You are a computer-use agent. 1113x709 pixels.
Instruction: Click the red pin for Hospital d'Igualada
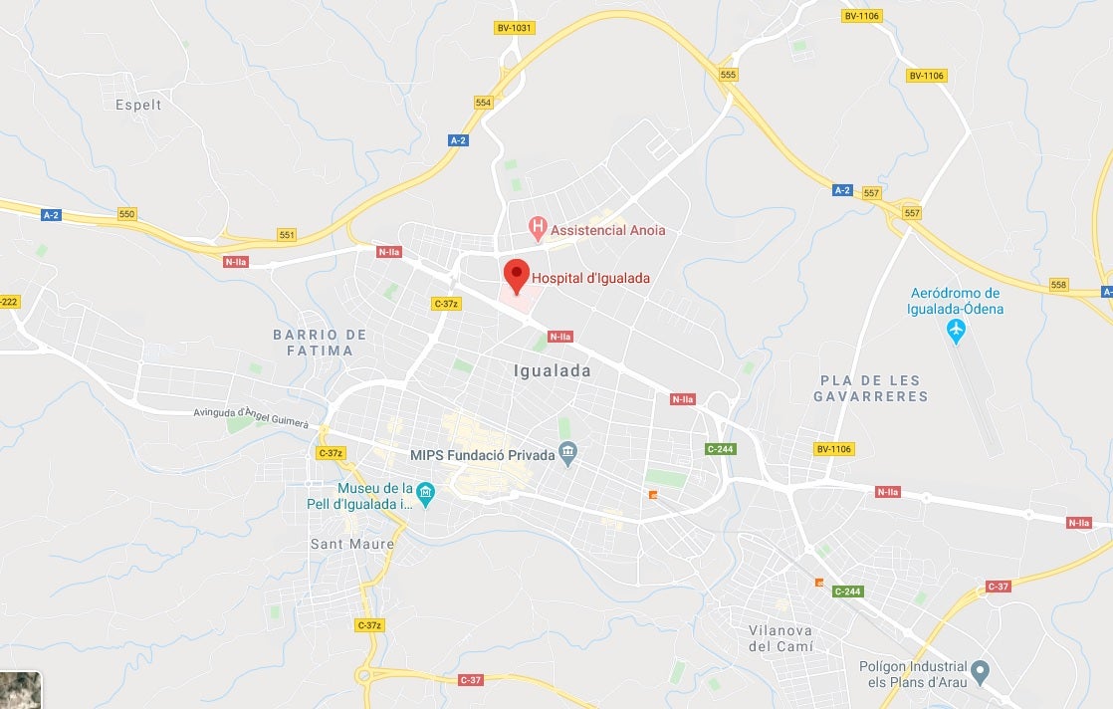[x=516, y=273]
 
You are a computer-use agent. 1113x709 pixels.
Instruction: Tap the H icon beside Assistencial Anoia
[x=539, y=229]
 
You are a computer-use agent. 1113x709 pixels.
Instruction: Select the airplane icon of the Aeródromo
[x=957, y=330]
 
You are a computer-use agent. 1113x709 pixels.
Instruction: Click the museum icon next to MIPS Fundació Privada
[x=568, y=455]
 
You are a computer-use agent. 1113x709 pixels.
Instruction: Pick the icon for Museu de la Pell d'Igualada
[x=426, y=493]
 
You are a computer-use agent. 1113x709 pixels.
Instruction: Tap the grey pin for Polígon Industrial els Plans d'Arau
[x=981, y=670]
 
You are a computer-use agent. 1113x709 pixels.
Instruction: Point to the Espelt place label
[x=138, y=105]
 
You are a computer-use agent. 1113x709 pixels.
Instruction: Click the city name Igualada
[x=552, y=371]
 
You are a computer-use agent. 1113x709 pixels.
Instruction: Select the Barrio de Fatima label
[x=320, y=343]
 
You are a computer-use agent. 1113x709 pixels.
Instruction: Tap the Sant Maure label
[x=352, y=544]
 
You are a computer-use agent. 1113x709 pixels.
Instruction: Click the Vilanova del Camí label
[x=780, y=638]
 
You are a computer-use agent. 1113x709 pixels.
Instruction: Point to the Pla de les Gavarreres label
[x=870, y=388]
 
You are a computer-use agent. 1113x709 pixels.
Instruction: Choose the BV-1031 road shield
[x=514, y=28]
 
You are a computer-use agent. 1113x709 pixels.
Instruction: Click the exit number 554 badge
[x=484, y=103]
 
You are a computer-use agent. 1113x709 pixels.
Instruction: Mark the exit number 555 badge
[x=728, y=75]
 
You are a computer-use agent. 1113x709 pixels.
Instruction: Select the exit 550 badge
[x=126, y=214]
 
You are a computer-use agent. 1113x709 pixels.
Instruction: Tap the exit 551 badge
[x=287, y=235]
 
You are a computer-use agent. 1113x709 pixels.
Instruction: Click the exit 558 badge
[x=1058, y=285]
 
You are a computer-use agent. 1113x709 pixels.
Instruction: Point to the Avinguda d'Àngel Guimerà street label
[x=251, y=417]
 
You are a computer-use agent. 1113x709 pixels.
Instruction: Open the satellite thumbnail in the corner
[x=21, y=689]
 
